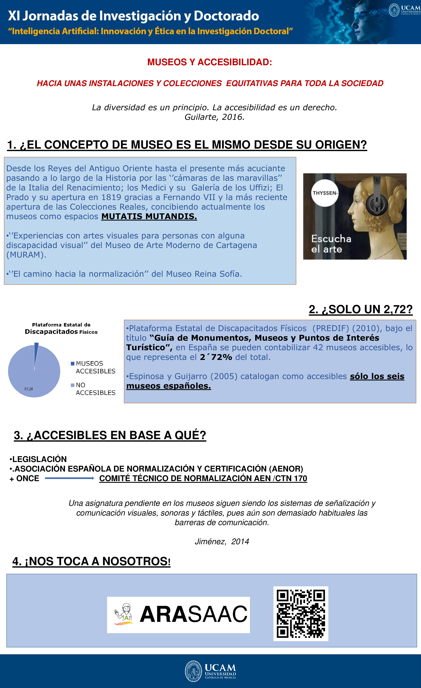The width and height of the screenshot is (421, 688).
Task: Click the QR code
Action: pos(301,614)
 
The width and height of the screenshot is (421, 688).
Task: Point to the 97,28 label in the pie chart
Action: pos(29,389)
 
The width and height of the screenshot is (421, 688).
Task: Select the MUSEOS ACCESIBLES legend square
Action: pos(73,363)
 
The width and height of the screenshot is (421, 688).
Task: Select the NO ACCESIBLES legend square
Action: pos(73,385)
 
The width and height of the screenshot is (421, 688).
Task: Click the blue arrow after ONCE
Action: pos(69,478)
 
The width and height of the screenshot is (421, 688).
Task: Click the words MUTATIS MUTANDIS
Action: pos(149,216)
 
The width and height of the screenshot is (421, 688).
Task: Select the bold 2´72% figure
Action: pos(216,357)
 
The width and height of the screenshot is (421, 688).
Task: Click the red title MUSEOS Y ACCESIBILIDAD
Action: pos(210,62)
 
